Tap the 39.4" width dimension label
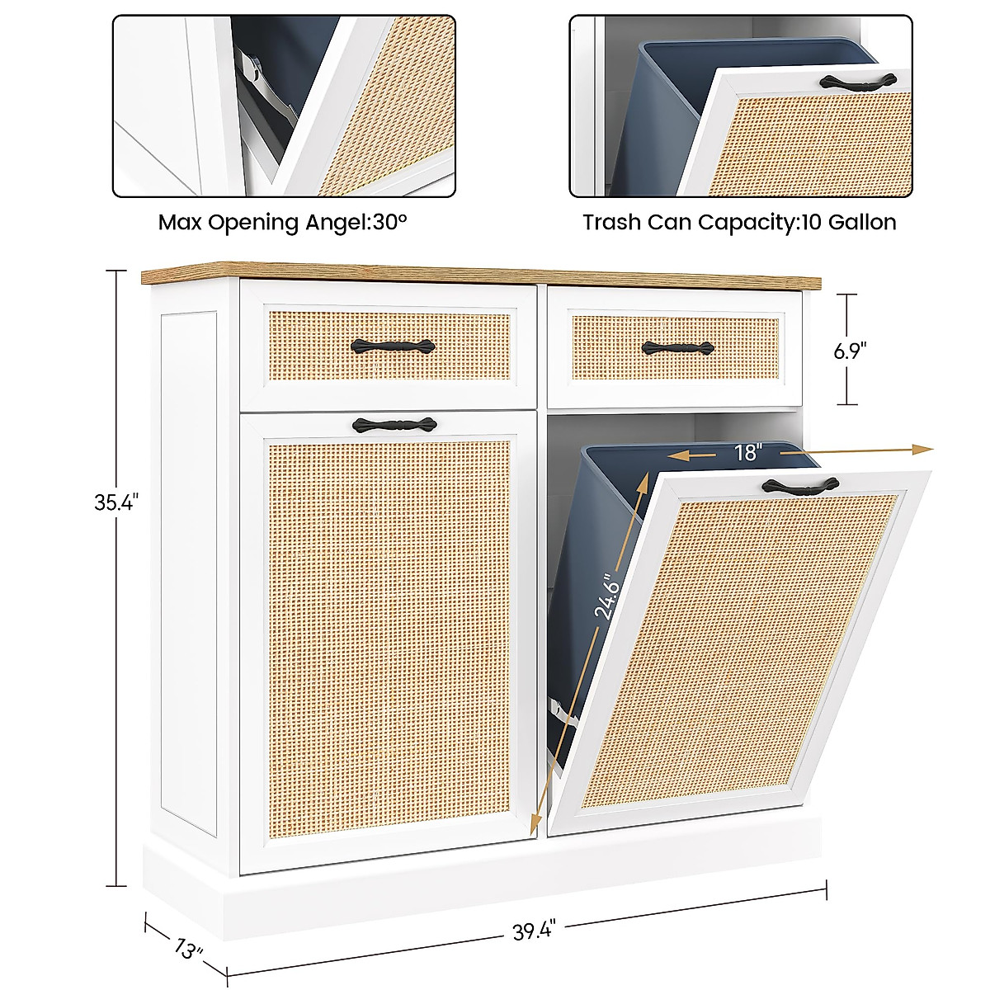[x=535, y=931]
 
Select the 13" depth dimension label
[x=189, y=949]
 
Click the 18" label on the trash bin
[x=748, y=452]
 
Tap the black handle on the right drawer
[x=677, y=348]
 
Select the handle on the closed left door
[x=394, y=425]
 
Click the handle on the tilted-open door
[x=800, y=487]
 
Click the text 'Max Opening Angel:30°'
[x=283, y=222]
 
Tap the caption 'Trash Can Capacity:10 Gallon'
[x=739, y=222]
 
